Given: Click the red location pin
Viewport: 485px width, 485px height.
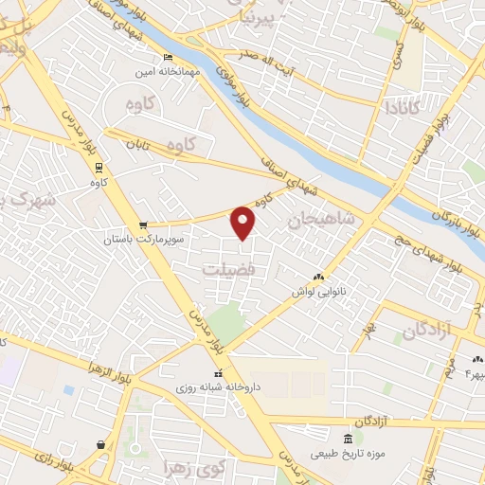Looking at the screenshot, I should point(243,222).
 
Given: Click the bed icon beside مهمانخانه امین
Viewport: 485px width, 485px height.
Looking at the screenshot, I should point(169,58).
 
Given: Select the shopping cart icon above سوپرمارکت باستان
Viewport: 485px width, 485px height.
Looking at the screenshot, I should point(142,225).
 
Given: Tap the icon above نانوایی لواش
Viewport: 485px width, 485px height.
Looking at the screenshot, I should point(319,277).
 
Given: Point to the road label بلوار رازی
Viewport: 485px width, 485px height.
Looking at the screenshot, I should point(53,464).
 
